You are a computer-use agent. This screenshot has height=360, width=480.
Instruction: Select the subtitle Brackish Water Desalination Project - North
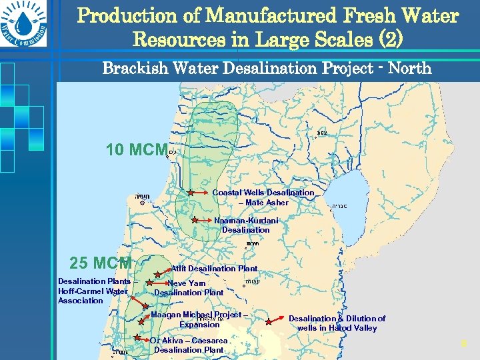267,68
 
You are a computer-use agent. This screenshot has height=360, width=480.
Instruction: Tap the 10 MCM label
136,150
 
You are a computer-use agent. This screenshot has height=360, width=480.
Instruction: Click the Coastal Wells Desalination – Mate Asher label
263,197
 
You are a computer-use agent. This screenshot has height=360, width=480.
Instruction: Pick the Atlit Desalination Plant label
214,268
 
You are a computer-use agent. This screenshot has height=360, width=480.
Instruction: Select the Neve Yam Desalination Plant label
189,287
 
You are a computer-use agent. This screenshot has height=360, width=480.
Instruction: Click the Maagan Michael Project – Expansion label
199,319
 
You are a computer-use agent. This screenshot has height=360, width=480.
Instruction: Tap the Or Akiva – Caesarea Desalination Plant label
189,345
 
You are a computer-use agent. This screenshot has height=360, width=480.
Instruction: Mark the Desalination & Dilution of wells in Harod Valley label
337,323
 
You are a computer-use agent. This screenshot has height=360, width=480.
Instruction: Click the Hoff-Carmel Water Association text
93,291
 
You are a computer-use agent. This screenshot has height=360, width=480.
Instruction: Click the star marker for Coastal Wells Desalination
190,193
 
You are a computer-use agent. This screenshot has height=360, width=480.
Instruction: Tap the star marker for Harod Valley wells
268,321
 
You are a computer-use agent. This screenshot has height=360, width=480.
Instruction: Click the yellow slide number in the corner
463,344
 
